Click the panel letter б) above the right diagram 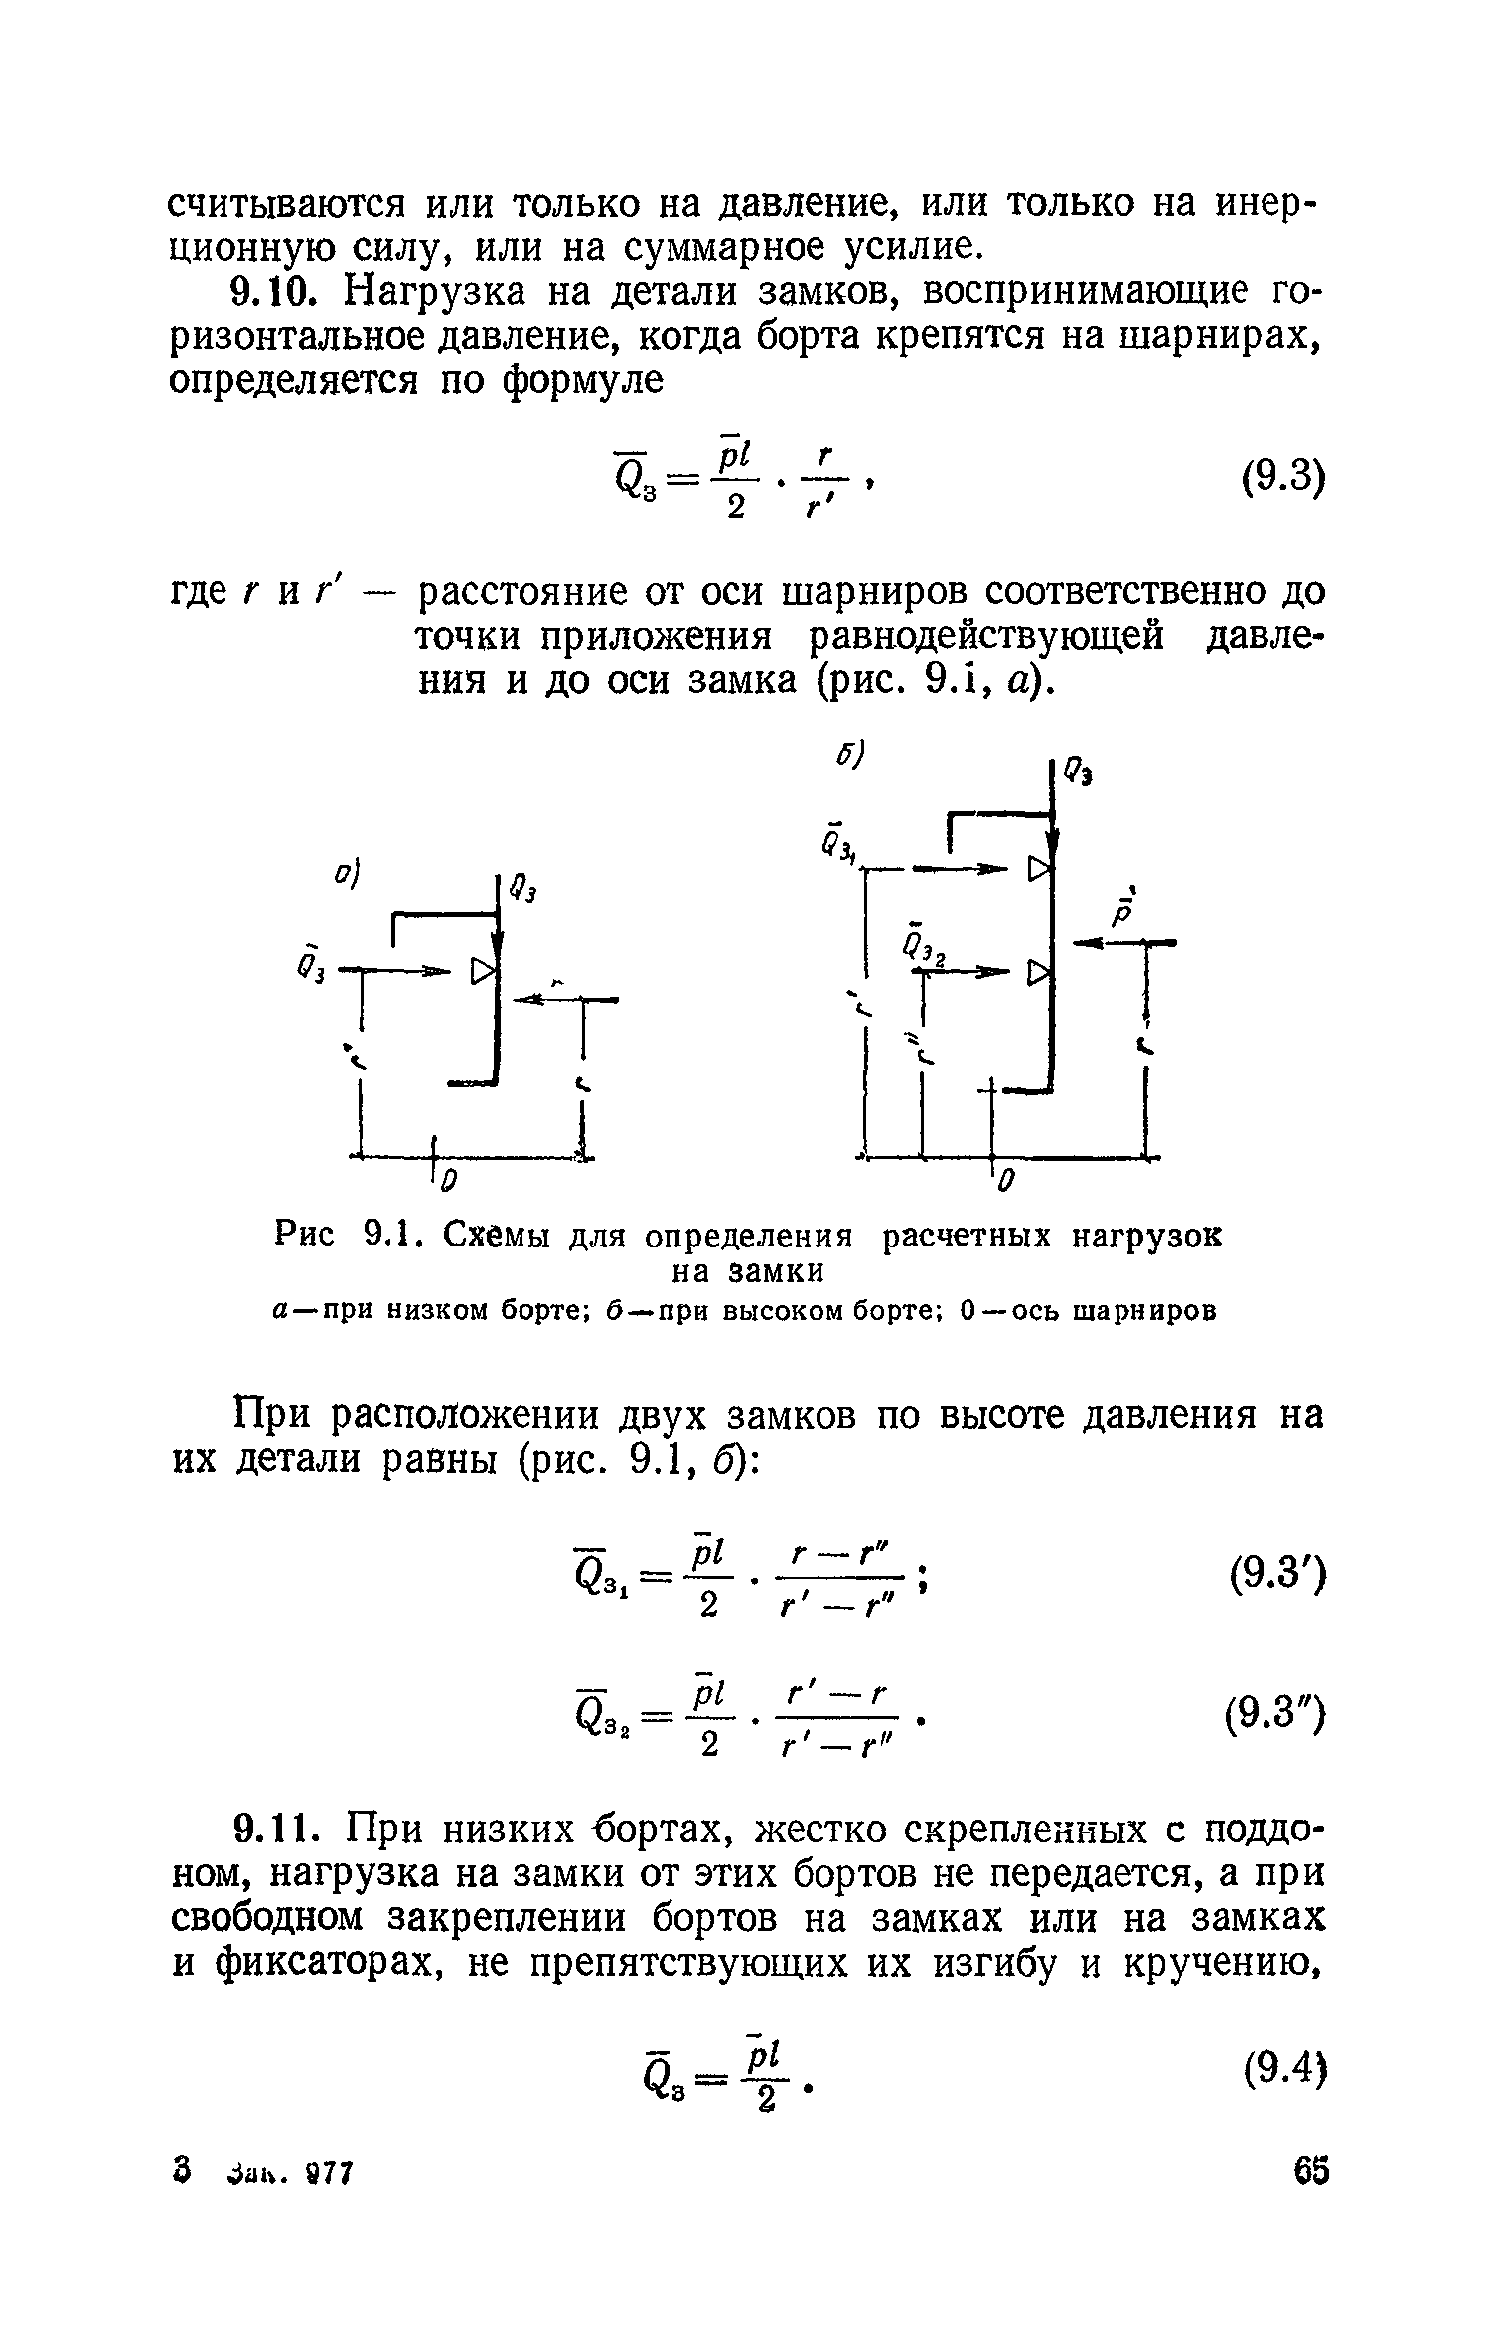click(850, 754)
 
